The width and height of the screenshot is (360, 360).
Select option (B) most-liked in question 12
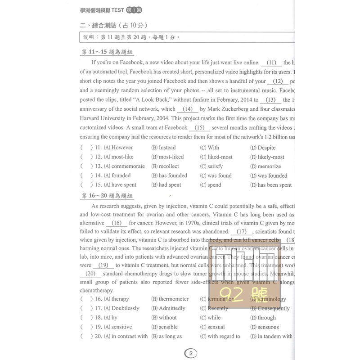click(167, 157)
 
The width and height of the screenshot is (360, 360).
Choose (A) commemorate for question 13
click(124, 166)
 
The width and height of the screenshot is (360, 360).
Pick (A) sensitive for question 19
click(118, 327)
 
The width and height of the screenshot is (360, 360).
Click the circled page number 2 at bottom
click(190, 353)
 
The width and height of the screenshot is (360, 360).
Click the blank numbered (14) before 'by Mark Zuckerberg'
click(188, 109)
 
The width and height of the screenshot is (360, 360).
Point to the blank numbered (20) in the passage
click(90, 274)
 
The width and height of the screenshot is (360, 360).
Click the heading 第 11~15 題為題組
click(103, 52)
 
